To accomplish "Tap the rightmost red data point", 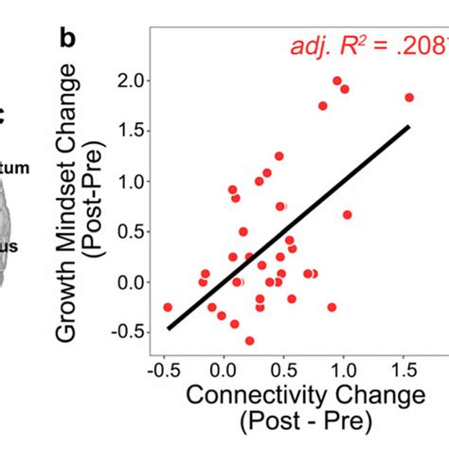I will [409, 98].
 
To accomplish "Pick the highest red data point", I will [337, 81].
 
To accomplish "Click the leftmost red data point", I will [168, 307].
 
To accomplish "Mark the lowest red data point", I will [250, 340].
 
